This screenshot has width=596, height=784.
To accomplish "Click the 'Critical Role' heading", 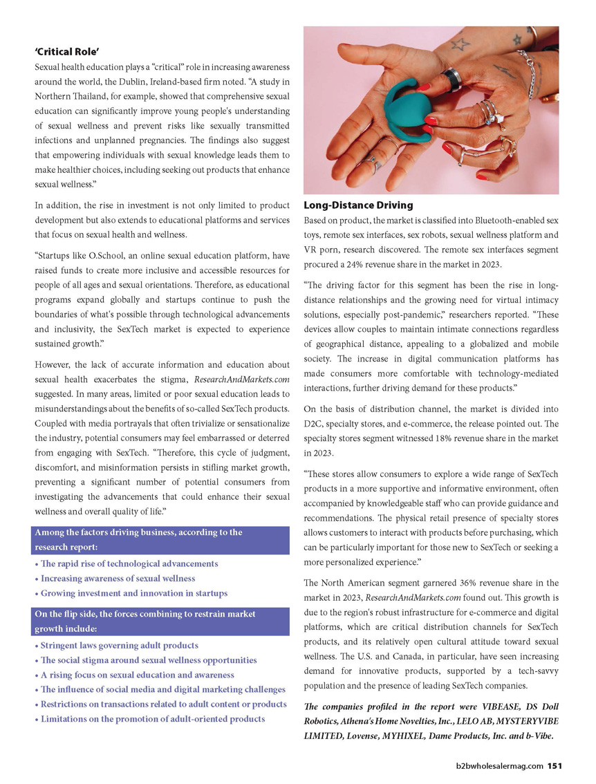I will pyautogui.click(x=68, y=52).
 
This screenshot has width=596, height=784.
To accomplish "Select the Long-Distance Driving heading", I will pyautogui.click(x=358, y=205).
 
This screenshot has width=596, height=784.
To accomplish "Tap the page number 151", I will pyautogui.click(x=555, y=765).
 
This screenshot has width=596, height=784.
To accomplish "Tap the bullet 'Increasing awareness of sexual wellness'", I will pyautogui.click(x=118, y=578).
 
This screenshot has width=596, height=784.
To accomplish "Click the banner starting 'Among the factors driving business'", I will pyautogui.click(x=160, y=539).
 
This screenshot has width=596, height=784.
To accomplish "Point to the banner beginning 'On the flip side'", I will pyautogui.click(x=160, y=621).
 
